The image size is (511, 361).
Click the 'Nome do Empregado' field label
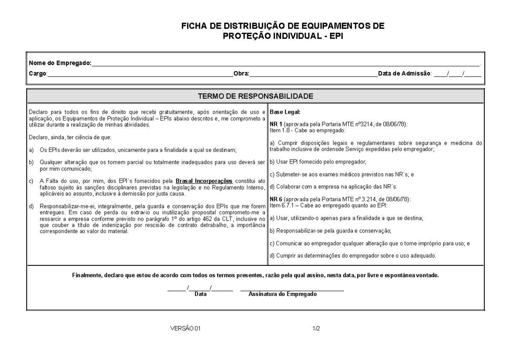60,63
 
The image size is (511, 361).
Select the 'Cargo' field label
37,74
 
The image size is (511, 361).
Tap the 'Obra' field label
241,74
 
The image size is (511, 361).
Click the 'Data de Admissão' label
405,74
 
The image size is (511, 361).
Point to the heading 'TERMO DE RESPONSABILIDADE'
255,96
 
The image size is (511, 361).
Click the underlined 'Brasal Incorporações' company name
204,181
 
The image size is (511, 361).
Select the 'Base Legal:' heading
285,112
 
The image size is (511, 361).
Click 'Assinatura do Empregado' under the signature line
282,294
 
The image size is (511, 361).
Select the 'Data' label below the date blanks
200,294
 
